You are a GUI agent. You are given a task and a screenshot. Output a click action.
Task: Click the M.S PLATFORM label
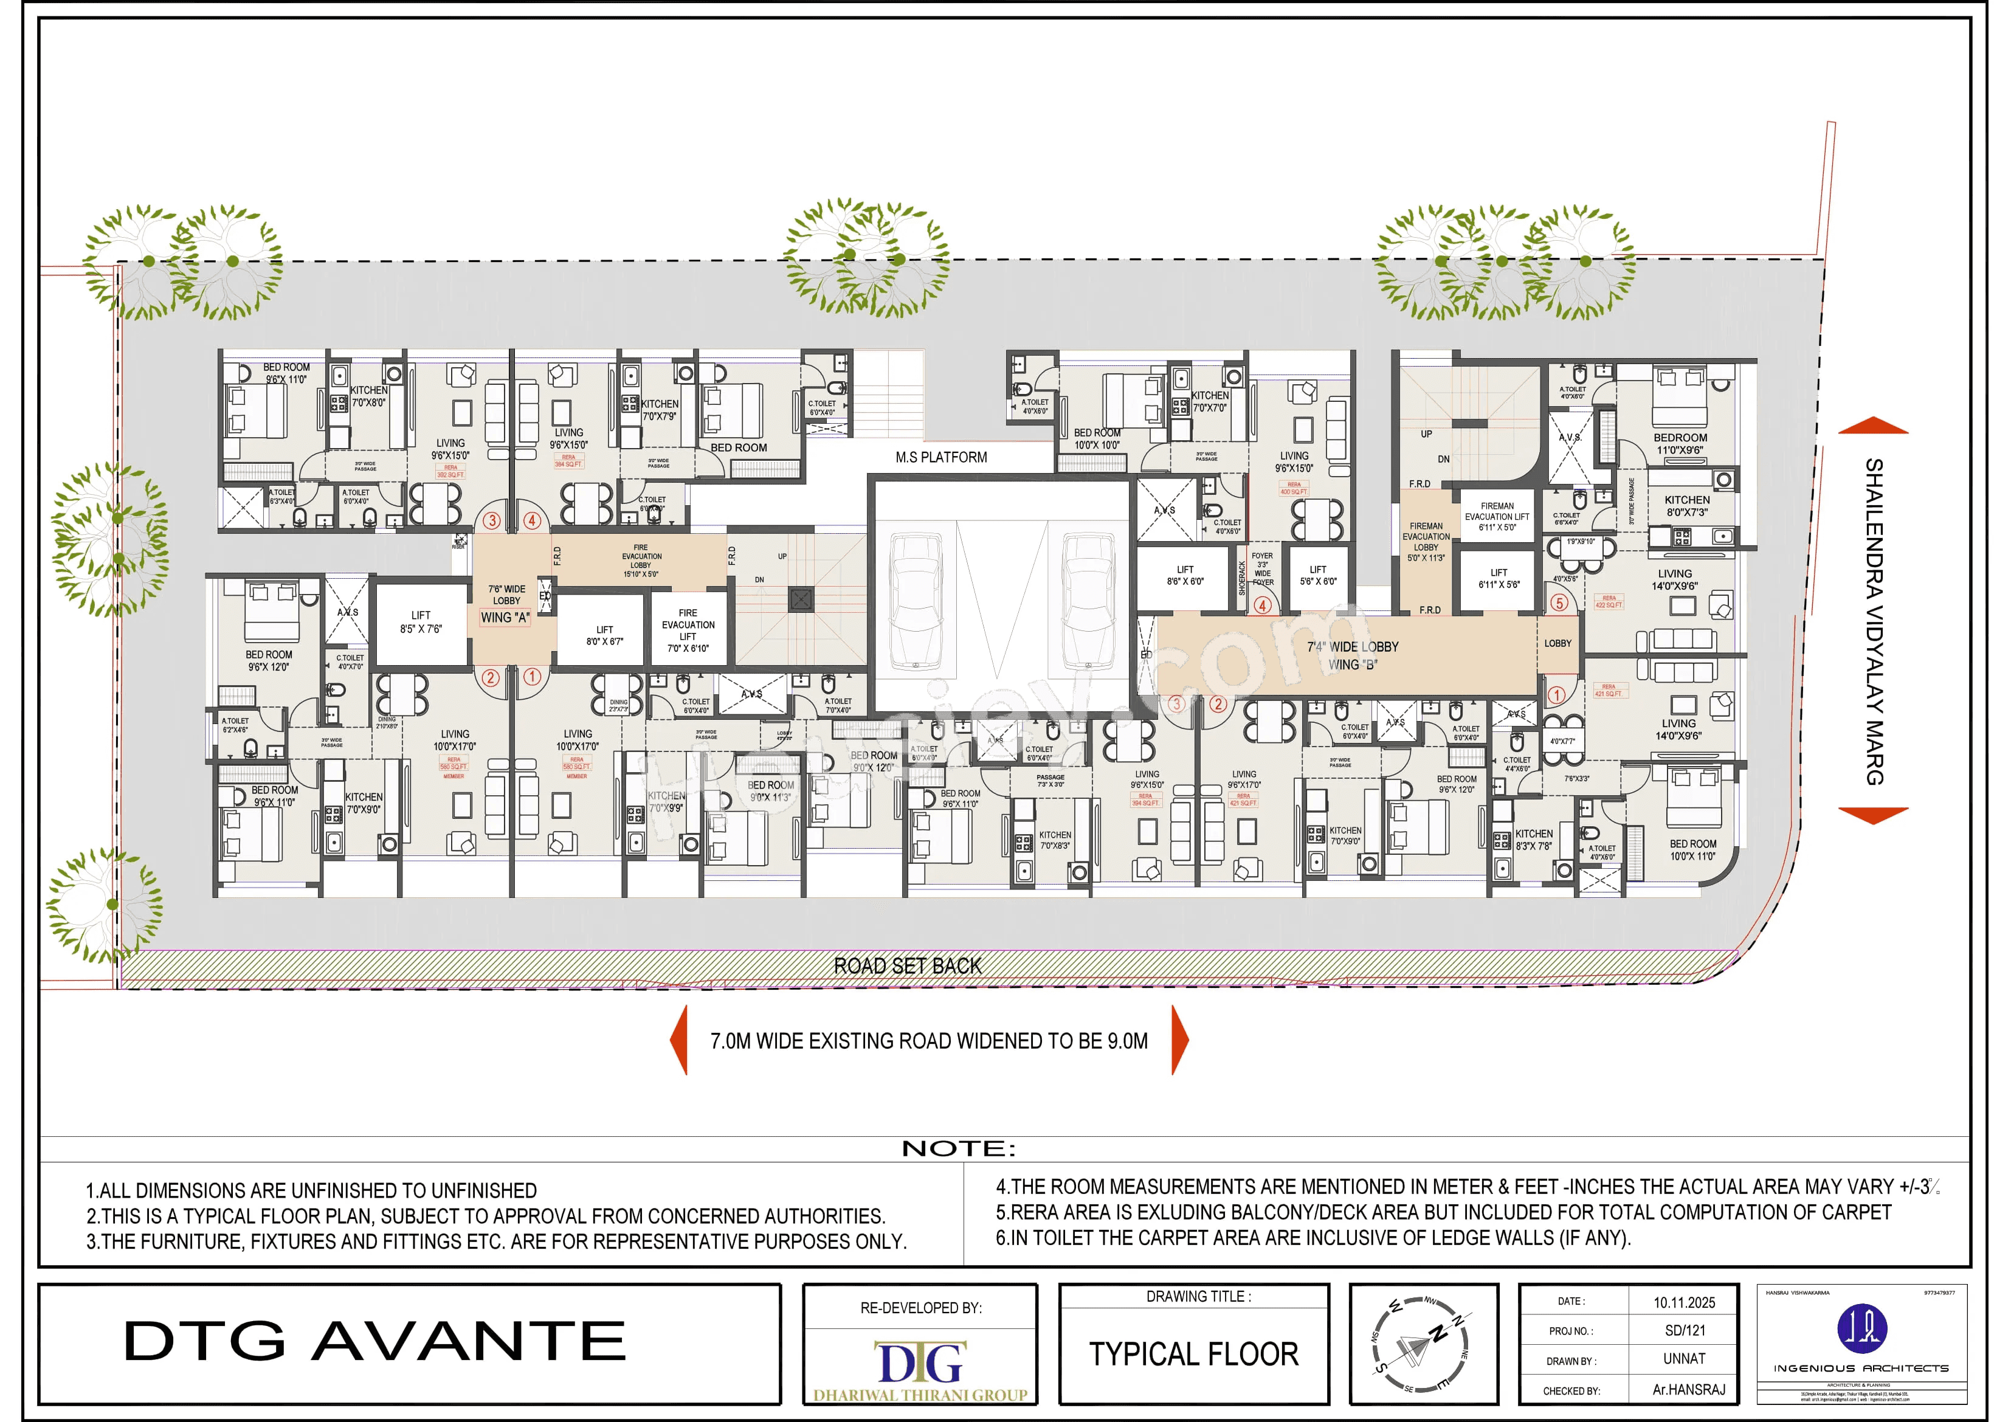coord(940,457)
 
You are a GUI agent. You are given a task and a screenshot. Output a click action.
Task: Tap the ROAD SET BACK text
coord(908,965)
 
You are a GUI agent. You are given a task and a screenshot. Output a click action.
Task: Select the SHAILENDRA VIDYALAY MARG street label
coord(1874,621)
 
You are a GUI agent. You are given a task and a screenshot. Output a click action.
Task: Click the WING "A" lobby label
coord(505,618)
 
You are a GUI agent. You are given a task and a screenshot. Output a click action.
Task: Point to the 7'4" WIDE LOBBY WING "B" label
coord(1353,655)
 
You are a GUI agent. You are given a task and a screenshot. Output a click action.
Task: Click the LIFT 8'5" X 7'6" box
coord(421,622)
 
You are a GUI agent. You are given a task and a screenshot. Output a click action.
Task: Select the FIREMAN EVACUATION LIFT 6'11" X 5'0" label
coord(1497,516)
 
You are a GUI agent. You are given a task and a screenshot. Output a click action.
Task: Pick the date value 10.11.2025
coord(1683,1303)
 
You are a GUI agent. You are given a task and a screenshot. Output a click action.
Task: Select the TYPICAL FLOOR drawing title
coord(1193,1354)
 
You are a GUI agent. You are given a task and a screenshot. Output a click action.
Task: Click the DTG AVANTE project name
coord(375,1341)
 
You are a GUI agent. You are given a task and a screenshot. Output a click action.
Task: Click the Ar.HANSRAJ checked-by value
coord(1688,1390)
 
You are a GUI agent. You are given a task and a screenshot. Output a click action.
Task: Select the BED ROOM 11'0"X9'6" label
coord(1679,443)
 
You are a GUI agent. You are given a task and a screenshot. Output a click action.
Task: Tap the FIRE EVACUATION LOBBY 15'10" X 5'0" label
coord(642,561)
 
